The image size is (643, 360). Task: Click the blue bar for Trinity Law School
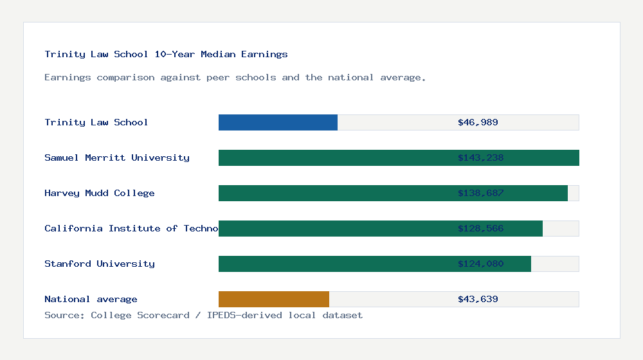tap(278, 122)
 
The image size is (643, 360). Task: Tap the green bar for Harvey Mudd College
tap(334, 193)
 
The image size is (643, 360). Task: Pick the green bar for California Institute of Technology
tap(334, 228)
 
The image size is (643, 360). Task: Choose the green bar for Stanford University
tap(334, 264)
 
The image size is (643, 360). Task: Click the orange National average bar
tap(274, 299)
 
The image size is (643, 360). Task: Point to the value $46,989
tap(478, 122)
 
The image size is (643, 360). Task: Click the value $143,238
tap(478, 157)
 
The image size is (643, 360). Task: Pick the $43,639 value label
tap(478, 299)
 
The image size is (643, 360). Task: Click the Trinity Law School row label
tap(96, 122)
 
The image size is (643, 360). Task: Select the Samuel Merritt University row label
tap(116, 157)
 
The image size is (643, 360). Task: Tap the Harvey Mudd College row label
tap(99, 193)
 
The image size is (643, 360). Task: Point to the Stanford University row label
tap(99, 264)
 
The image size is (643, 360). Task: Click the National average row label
tap(91, 299)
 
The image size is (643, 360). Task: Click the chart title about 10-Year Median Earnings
tap(166, 54)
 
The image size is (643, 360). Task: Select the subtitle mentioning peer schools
tap(235, 77)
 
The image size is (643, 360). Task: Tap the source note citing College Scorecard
tap(203, 315)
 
